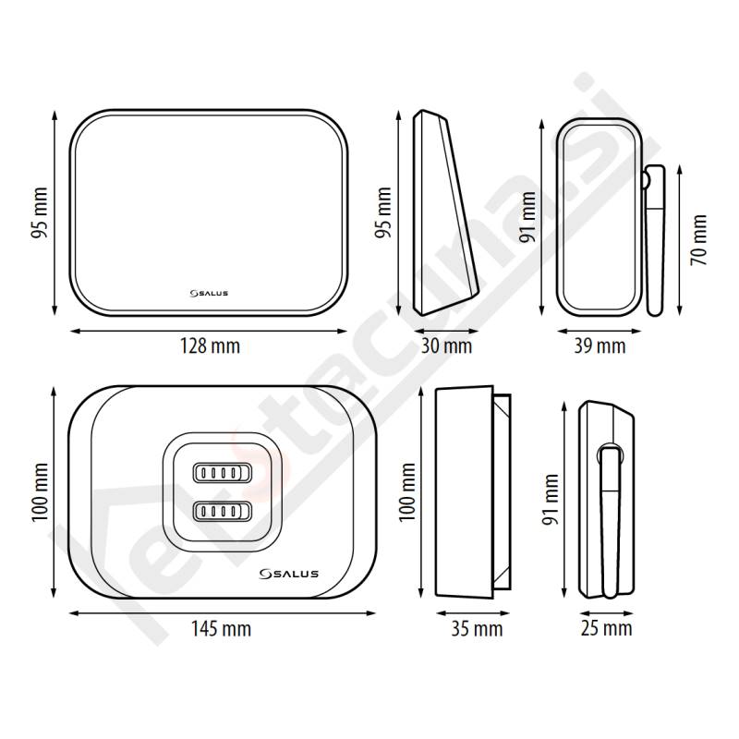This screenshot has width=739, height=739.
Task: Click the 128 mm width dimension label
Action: point(211,346)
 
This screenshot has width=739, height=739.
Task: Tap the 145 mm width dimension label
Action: point(221,629)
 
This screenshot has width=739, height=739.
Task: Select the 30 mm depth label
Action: point(446,346)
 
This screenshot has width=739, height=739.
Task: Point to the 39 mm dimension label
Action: point(600,346)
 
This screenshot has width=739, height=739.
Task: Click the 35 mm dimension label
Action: point(477,629)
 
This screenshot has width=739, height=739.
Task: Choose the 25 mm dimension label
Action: point(606,628)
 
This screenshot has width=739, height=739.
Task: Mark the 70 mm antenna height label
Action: point(699,239)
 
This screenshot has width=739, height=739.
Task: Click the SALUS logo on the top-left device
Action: point(209,293)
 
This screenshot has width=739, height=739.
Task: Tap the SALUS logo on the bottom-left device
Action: point(289,574)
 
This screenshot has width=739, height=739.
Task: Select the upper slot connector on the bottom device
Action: point(223,472)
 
